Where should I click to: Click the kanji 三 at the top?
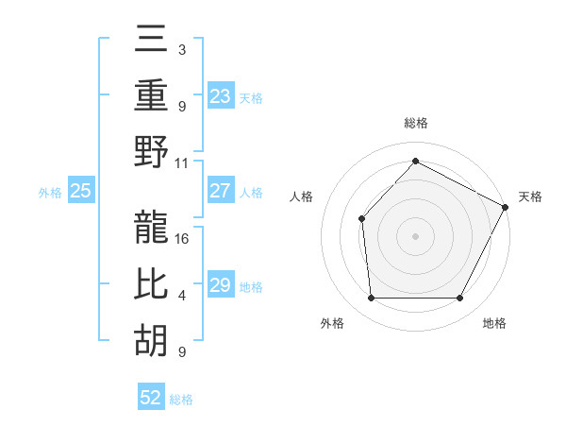(152, 42)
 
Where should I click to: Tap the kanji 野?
(152, 153)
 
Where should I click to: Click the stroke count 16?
(182, 238)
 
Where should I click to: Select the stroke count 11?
(182, 162)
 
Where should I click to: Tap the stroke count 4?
(182, 296)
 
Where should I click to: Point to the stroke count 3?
(181, 49)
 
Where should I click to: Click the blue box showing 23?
(220, 96)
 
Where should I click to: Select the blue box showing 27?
(220, 191)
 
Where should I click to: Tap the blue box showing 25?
(81, 191)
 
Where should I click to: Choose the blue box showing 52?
(151, 399)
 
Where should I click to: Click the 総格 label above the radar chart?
(415, 123)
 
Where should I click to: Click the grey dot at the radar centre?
(415, 235)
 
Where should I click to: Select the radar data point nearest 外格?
(371, 299)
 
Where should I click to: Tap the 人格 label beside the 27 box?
(251, 192)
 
